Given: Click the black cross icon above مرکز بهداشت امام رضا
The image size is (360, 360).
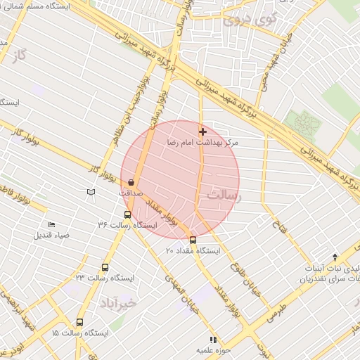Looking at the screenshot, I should coord(203,131).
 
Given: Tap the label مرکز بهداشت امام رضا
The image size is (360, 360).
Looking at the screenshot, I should coord(202,142).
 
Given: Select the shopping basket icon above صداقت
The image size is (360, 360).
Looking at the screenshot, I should coord(131,182).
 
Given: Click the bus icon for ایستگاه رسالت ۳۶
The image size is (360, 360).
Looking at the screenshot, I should coord(127,215).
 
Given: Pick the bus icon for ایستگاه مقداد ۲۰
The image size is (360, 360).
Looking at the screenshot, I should coord(193,240).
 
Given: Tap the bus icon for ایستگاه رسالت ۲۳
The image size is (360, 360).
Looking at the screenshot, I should coord(105,267).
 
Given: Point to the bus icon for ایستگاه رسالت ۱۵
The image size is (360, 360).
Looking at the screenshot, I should coord(79,322).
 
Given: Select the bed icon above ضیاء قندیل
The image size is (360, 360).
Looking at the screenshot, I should coord(51,225).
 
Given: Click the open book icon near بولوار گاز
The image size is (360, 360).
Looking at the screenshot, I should coord(90,192).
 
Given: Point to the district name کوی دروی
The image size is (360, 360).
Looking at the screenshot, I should coord(250,20).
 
